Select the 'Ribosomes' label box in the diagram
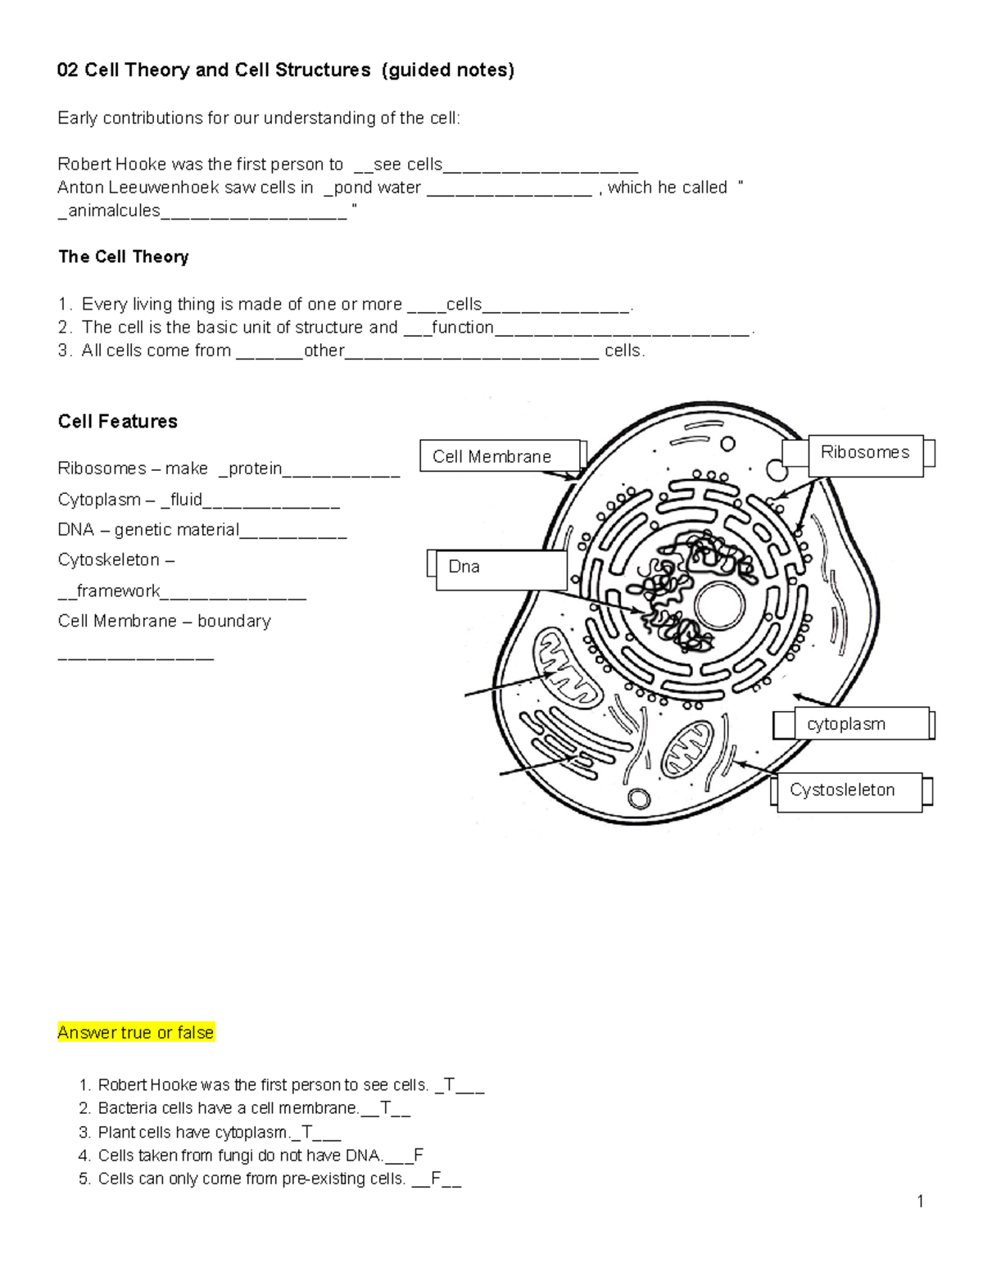(865, 452)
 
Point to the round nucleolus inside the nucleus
(719, 607)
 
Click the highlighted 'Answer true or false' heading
(135, 1033)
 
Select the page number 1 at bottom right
(921, 1202)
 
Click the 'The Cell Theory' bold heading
(123, 257)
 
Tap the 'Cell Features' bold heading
(117, 422)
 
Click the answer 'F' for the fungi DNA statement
(419, 1156)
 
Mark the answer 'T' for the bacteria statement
(385, 1109)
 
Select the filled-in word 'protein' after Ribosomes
(255, 469)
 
